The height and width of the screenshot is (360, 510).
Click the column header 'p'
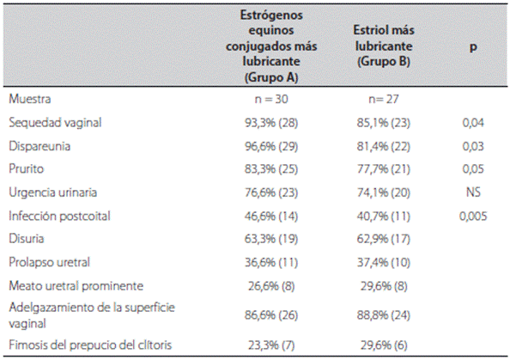click(x=473, y=46)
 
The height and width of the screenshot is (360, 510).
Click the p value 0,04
click(x=473, y=123)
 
